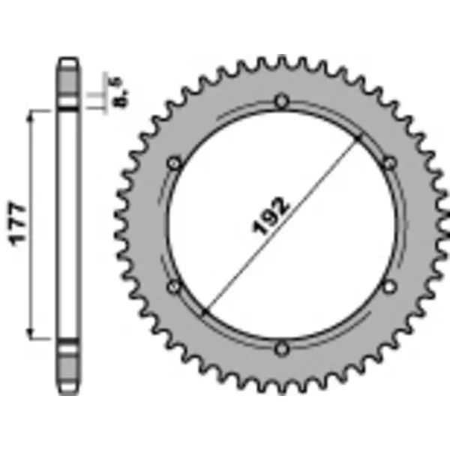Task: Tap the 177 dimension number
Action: (20, 224)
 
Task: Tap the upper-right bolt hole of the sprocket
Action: (389, 162)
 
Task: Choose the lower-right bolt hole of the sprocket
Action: (389, 286)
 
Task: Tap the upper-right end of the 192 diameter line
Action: (360, 139)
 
